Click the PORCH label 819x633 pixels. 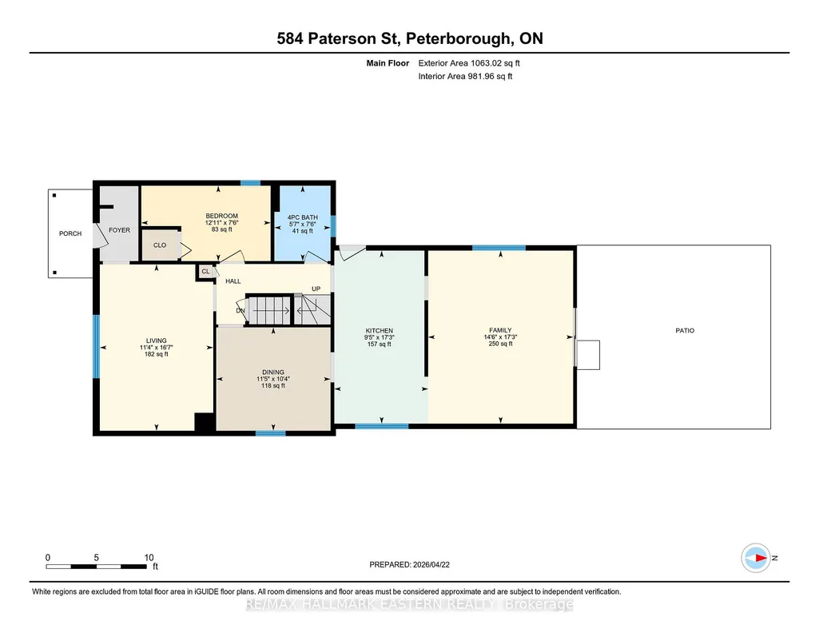coord(70,233)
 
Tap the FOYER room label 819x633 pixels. coord(119,230)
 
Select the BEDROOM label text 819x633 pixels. coord(221,216)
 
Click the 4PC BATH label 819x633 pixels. coord(302,217)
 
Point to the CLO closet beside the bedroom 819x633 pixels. coord(160,245)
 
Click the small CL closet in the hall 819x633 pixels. coord(205,271)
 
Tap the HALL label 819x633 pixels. coord(233,281)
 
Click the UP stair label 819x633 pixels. coord(316,289)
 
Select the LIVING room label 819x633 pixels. coord(156,340)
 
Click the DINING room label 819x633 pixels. coord(273,372)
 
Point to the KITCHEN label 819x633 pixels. coord(380,331)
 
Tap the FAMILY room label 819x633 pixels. coord(500,330)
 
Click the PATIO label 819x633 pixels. coord(685,331)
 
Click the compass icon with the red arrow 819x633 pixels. coord(756,558)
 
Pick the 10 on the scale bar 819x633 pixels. coord(149,557)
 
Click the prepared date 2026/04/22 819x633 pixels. coord(431,564)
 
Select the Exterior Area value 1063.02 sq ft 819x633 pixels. coord(495,63)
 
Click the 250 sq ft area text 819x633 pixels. coord(500,344)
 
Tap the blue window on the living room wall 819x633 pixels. coord(96,346)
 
